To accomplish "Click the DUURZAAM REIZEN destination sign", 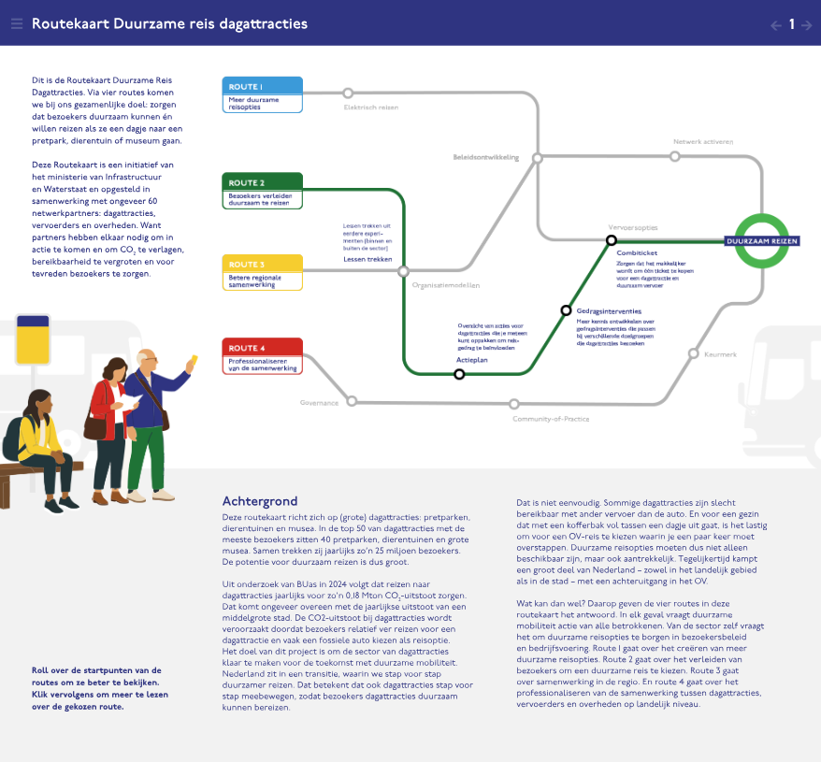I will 763,241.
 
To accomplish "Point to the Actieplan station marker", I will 459,374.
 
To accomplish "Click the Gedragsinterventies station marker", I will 566,310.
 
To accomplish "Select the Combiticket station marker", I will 612,240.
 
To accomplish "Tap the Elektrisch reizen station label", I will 371,108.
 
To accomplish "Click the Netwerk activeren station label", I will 703,142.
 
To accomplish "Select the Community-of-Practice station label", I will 551,419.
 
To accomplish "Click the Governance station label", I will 319,402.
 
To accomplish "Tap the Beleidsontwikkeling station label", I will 485,157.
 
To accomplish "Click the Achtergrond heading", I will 260,501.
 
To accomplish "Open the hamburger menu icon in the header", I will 16,23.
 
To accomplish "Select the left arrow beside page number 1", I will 775,25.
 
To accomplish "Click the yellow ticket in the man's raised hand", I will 194,359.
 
